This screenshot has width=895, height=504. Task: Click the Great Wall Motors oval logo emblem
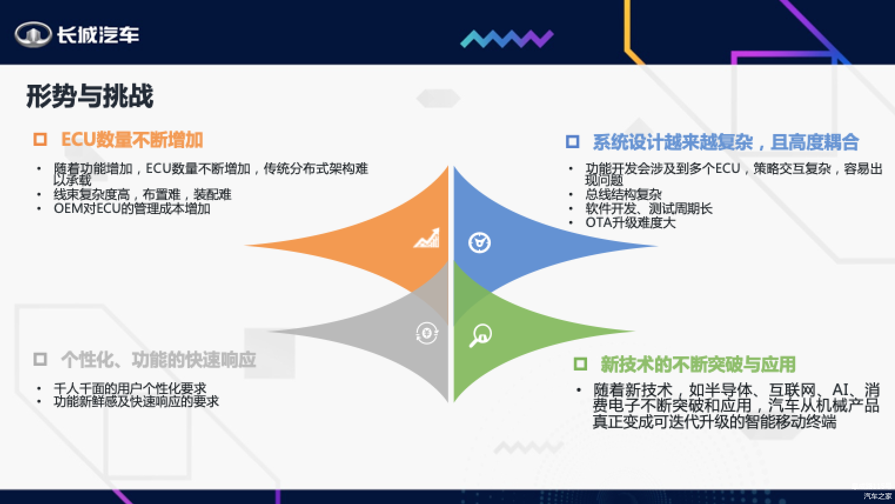[x=33, y=34]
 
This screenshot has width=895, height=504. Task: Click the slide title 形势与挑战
[x=90, y=96]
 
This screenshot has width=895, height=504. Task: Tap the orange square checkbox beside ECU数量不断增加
[x=40, y=139]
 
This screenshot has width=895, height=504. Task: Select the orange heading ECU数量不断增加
[x=132, y=140]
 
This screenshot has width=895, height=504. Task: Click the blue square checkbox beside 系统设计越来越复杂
[x=572, y=142]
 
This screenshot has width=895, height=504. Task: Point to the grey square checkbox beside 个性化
[x=40, y=359]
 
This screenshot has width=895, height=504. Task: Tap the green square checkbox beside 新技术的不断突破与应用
[x=580, y=364]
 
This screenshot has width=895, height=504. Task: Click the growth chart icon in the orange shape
[x=427, y=238]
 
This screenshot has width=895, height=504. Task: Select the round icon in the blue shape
[x=480, y=242]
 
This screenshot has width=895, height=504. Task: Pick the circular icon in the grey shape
[x=427, y=333]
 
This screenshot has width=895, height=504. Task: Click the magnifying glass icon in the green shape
[x=480, y=335]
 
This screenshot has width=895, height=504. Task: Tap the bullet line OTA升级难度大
[x=631, y=222]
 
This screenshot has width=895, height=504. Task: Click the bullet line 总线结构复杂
[x=624, y=195]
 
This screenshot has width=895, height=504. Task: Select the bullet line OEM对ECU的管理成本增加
[x=132, y=208]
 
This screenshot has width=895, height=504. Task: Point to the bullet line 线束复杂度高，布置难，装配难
[x=143, y=195]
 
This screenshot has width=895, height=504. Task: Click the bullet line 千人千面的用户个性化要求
[x=130, y=388]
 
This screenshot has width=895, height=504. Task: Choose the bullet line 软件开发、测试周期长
[x=649, y=208]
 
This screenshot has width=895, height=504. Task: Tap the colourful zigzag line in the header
[x=507, y=39]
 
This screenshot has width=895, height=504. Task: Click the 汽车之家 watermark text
[x=877, y=496]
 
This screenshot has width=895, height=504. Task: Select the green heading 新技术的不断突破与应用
[x=698, y=365]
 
